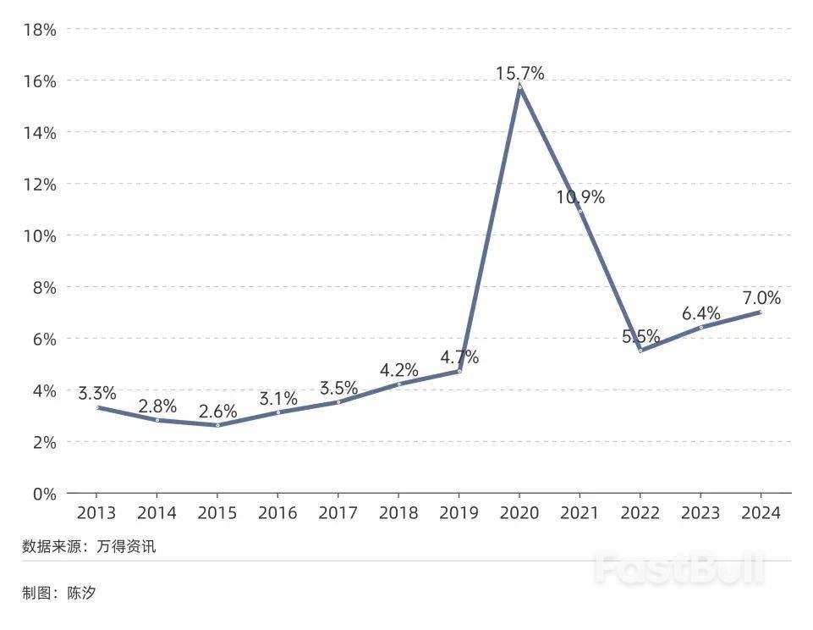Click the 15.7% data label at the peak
519,74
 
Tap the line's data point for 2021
580,212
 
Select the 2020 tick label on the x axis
519,513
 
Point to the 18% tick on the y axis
40,30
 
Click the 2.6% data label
217,412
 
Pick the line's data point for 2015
217,425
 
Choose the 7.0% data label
761,298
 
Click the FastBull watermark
679,568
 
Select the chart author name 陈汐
82,593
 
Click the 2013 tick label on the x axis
96,513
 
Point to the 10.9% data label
580,197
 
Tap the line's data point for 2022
640,351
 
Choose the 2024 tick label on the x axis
761,513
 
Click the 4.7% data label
459,356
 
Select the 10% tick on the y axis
40,235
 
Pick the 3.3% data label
97,394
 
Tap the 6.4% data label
701,313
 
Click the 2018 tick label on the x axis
398,513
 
